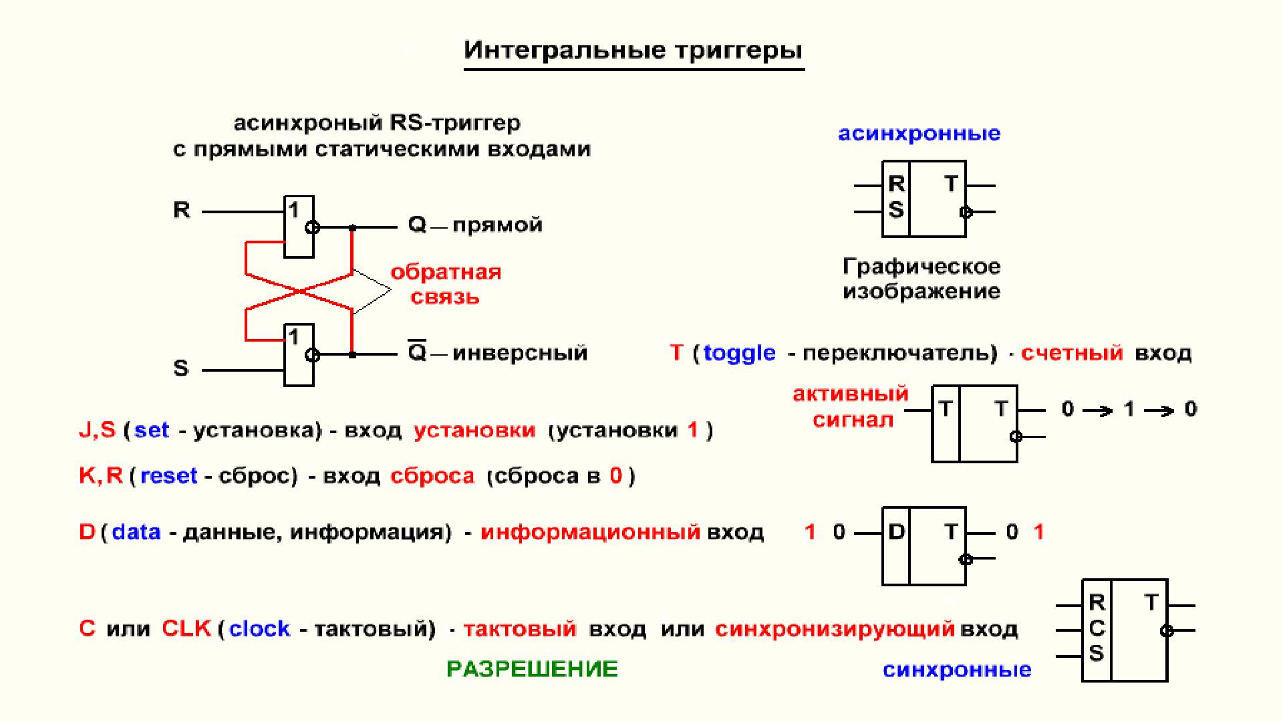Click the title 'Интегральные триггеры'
tap(633, 51)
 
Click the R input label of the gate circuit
tap(182, 210)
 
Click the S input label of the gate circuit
tap(181, 368)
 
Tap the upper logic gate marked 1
tap(299, 227)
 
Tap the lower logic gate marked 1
tap(299, 354)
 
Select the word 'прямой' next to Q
tap(497, 225)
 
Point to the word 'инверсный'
tap(520, 352)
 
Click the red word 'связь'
tap(445, 297)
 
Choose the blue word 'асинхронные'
tap(919, 134)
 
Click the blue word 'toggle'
tap(740, 353)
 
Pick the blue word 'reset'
tap(168, 476)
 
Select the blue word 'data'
tap(136, 532)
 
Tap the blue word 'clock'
tap(259, 629)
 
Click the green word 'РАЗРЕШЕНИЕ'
tap(532, 669)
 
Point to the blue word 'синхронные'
tap(957, 670)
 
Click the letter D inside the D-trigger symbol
tap(896, 531)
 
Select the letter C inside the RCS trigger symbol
tap(1097, 628)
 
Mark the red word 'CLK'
tap(186, 628)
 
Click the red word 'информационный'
tap(591, 532)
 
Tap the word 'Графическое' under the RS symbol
tap(921, 267)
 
